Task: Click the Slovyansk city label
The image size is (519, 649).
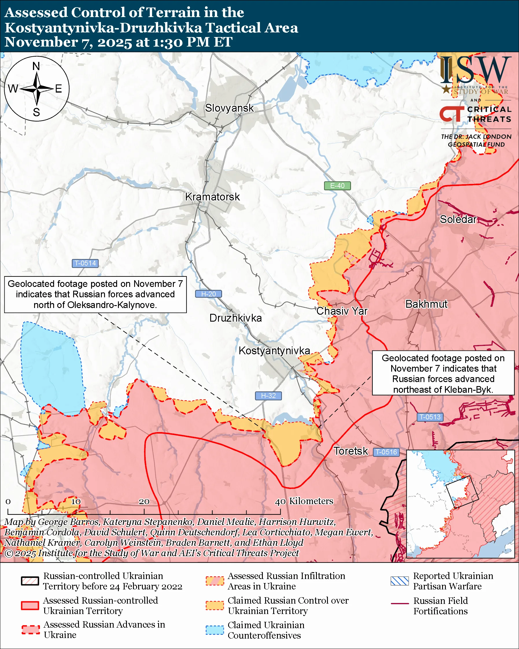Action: point(229,108)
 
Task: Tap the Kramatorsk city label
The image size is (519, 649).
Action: point(213,197)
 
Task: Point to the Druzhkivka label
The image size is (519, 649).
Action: point(236,318)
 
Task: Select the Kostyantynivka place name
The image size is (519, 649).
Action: point(274,351)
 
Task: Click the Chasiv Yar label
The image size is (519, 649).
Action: point(342,311)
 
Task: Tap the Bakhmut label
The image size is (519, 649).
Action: point(426,304)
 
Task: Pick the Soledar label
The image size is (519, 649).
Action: point(458,220)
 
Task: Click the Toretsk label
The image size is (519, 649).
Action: point(351,451)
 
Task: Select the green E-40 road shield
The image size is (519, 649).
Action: point(337,186)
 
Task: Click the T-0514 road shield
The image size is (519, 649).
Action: point(85,263)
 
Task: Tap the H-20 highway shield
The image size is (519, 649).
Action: point(208,294)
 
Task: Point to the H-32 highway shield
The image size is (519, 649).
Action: point(268,396)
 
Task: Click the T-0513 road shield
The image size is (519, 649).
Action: point(430,417)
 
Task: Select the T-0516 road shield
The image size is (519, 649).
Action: point(386,452)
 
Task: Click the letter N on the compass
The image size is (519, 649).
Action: point(36,66)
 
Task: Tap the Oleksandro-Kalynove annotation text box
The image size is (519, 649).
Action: point(95,294)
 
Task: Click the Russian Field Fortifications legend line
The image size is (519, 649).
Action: point(400,604)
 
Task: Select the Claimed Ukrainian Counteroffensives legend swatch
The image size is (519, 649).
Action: point(215,630)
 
